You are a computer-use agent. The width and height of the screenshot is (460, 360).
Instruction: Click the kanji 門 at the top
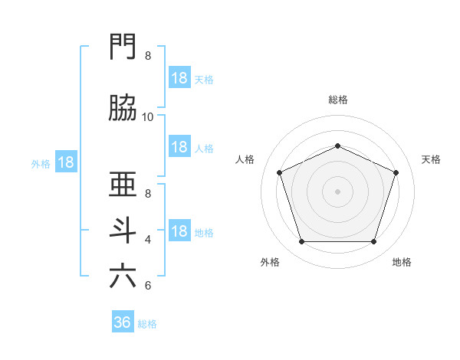tap(123, 46)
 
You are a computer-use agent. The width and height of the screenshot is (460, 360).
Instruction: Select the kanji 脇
tap(123, 107)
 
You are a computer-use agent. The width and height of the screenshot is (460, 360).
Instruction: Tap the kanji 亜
tap(123, 184)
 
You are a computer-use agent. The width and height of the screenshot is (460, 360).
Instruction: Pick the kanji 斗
tap(123, 231)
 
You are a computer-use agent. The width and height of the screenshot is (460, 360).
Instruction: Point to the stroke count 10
tap(147, 117)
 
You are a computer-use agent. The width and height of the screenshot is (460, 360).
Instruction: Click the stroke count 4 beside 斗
tap(148, 240)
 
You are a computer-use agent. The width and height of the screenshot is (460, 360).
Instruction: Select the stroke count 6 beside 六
tap(148, 286)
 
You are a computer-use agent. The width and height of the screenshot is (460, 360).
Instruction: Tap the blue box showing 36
tap(123, 321)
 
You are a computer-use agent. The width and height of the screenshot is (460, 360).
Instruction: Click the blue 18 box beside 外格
tap(66, 162)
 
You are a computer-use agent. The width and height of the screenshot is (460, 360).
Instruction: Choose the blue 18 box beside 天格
tap(180, 77)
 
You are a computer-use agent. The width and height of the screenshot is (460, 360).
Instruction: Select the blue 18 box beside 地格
tap(180, 230)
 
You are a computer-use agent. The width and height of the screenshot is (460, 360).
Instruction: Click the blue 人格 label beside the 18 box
tap(204, 149)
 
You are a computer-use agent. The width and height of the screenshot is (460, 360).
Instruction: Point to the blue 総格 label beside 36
tap(147, 324)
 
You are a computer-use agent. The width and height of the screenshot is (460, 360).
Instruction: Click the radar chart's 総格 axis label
tap(338, 100)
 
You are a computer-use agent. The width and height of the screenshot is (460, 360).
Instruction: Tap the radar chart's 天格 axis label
tap(431, 159)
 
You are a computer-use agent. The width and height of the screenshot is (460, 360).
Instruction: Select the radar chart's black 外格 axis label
tap(270, 262)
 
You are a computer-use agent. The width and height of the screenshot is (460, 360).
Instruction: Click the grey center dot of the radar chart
tap(337, 191)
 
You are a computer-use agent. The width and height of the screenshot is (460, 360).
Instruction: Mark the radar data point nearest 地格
tap(374, 241)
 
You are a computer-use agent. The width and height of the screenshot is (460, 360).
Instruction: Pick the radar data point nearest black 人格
tap(279, 172)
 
